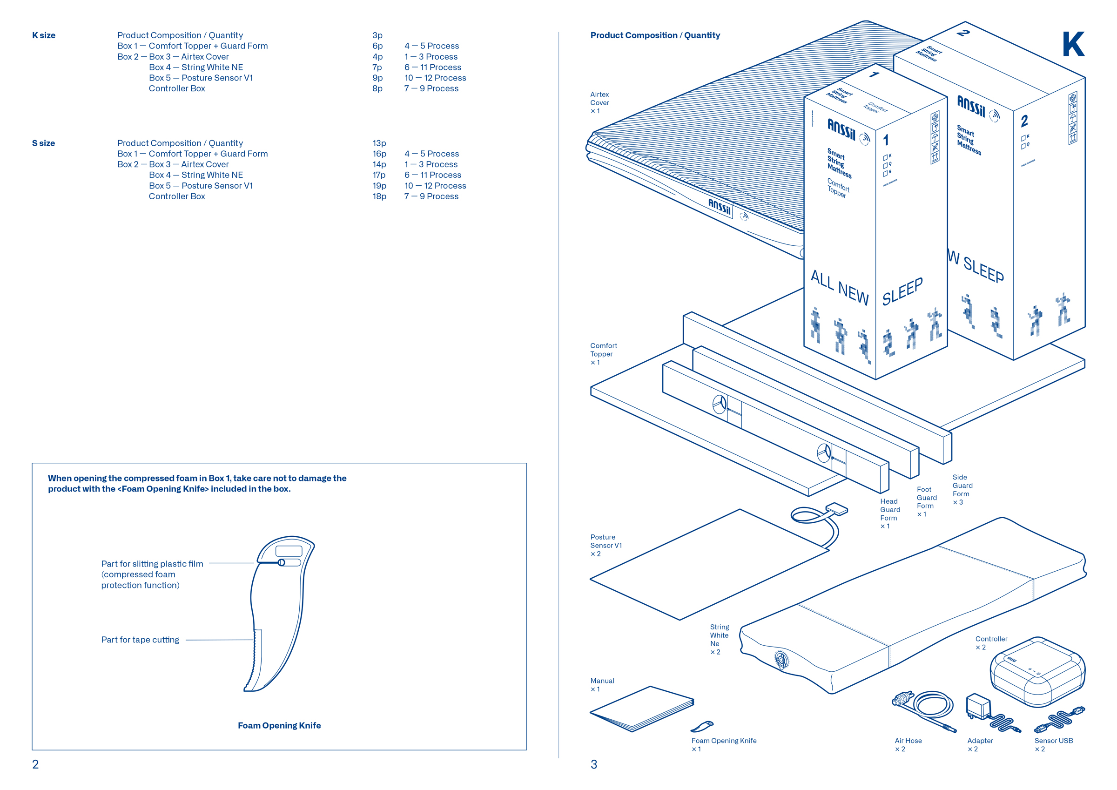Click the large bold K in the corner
1073,44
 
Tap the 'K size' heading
44,35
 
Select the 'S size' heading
43,143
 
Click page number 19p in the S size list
379,185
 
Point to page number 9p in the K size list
377,78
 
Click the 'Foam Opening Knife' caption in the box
279,725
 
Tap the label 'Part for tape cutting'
140,640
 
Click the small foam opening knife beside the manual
701,726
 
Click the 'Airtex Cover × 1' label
599,103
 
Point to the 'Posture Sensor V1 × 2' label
606,545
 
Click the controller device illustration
1037,672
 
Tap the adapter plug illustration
978,706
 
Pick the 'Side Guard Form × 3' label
962,489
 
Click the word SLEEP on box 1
902,291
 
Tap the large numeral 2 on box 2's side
1024,120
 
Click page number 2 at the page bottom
35,764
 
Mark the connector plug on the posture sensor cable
836,509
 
